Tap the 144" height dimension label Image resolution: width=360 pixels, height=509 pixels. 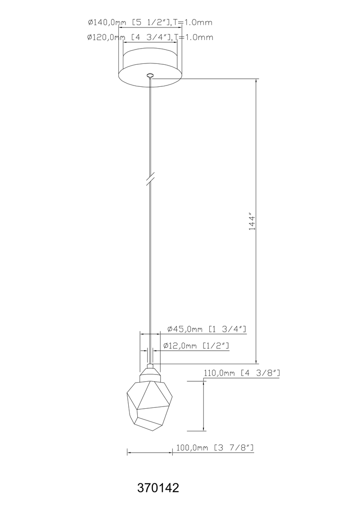[252, 223]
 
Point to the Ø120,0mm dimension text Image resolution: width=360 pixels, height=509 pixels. [106, 37]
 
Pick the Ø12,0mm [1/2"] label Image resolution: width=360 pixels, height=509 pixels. [195, 346]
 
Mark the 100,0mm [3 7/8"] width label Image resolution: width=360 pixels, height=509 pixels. [215, 447]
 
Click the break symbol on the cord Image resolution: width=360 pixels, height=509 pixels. [151, 178]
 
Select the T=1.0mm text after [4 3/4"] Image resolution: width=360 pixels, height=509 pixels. [193, 37]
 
